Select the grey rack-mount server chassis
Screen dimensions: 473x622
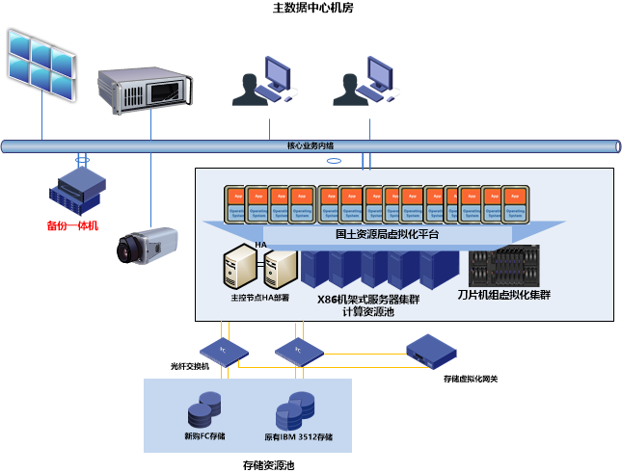pyautogui.click(x=150, y=86)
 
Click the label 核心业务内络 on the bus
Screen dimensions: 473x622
pyautogui.click(x=311, y=146)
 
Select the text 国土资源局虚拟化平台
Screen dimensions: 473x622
pyautogui.click(x=387, y=233)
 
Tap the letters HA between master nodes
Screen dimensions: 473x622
pyautogui.click(x=260, y=245)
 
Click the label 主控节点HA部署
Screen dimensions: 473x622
pyautogui.click(x=260, y=298)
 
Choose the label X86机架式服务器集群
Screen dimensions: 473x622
pyautogui.click(x=368, y=299)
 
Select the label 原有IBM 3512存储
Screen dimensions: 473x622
pyautogui.click(x=298, y=436)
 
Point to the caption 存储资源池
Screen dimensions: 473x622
pyautogui.click(x=268, y=465)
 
